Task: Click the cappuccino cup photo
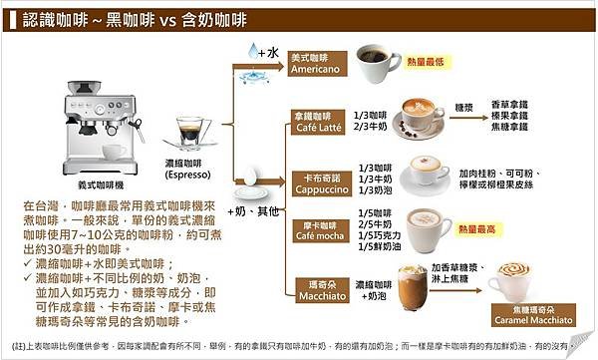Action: [x=429, y=172]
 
